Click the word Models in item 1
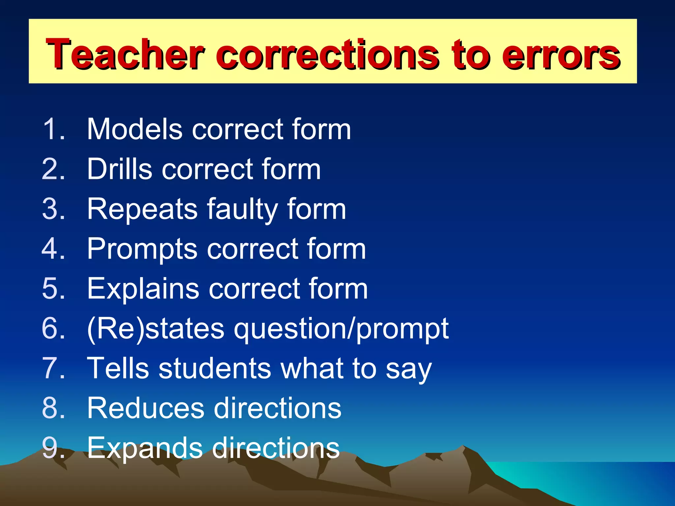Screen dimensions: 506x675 point(134,129)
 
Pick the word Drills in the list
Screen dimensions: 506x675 point(120,169)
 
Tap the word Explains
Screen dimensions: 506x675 point(143,289)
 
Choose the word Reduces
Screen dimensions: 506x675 point(145,408)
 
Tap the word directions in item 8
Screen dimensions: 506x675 point(278,408)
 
